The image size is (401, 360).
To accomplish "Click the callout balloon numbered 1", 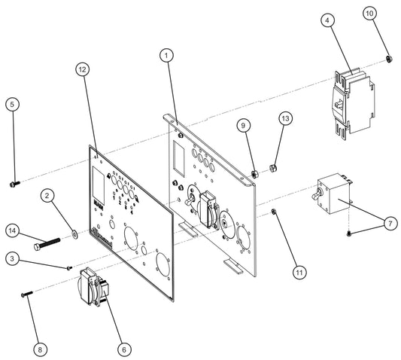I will coord(166,55).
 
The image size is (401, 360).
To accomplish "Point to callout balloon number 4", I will coord(328,20).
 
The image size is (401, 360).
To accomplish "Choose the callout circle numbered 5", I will coord(11,105).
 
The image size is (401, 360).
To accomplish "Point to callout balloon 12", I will coord(83,69).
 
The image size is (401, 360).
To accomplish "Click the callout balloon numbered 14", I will coord(11,230).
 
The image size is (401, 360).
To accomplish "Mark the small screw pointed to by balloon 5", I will coord(16,182).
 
